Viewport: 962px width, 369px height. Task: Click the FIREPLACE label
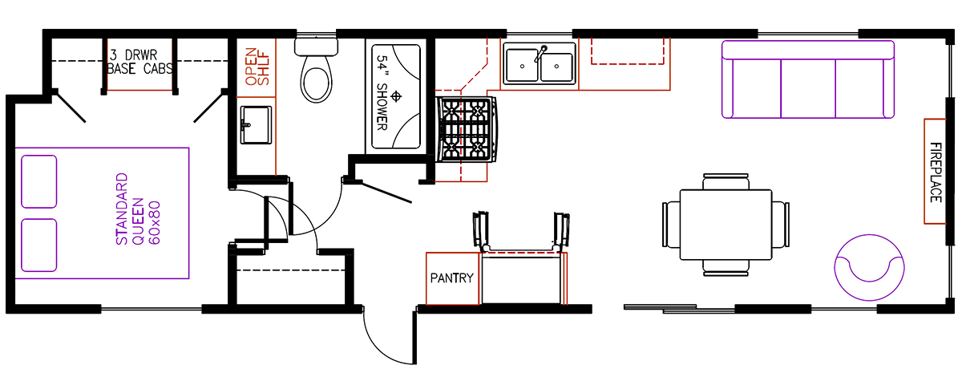point(936,171)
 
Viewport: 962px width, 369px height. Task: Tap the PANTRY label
point(452,279)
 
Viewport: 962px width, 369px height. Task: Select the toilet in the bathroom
point(316,72)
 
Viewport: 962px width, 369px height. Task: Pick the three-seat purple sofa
point(807,79)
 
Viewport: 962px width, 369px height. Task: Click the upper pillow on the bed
point(39,180)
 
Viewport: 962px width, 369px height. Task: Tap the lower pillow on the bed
point(39,243)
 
